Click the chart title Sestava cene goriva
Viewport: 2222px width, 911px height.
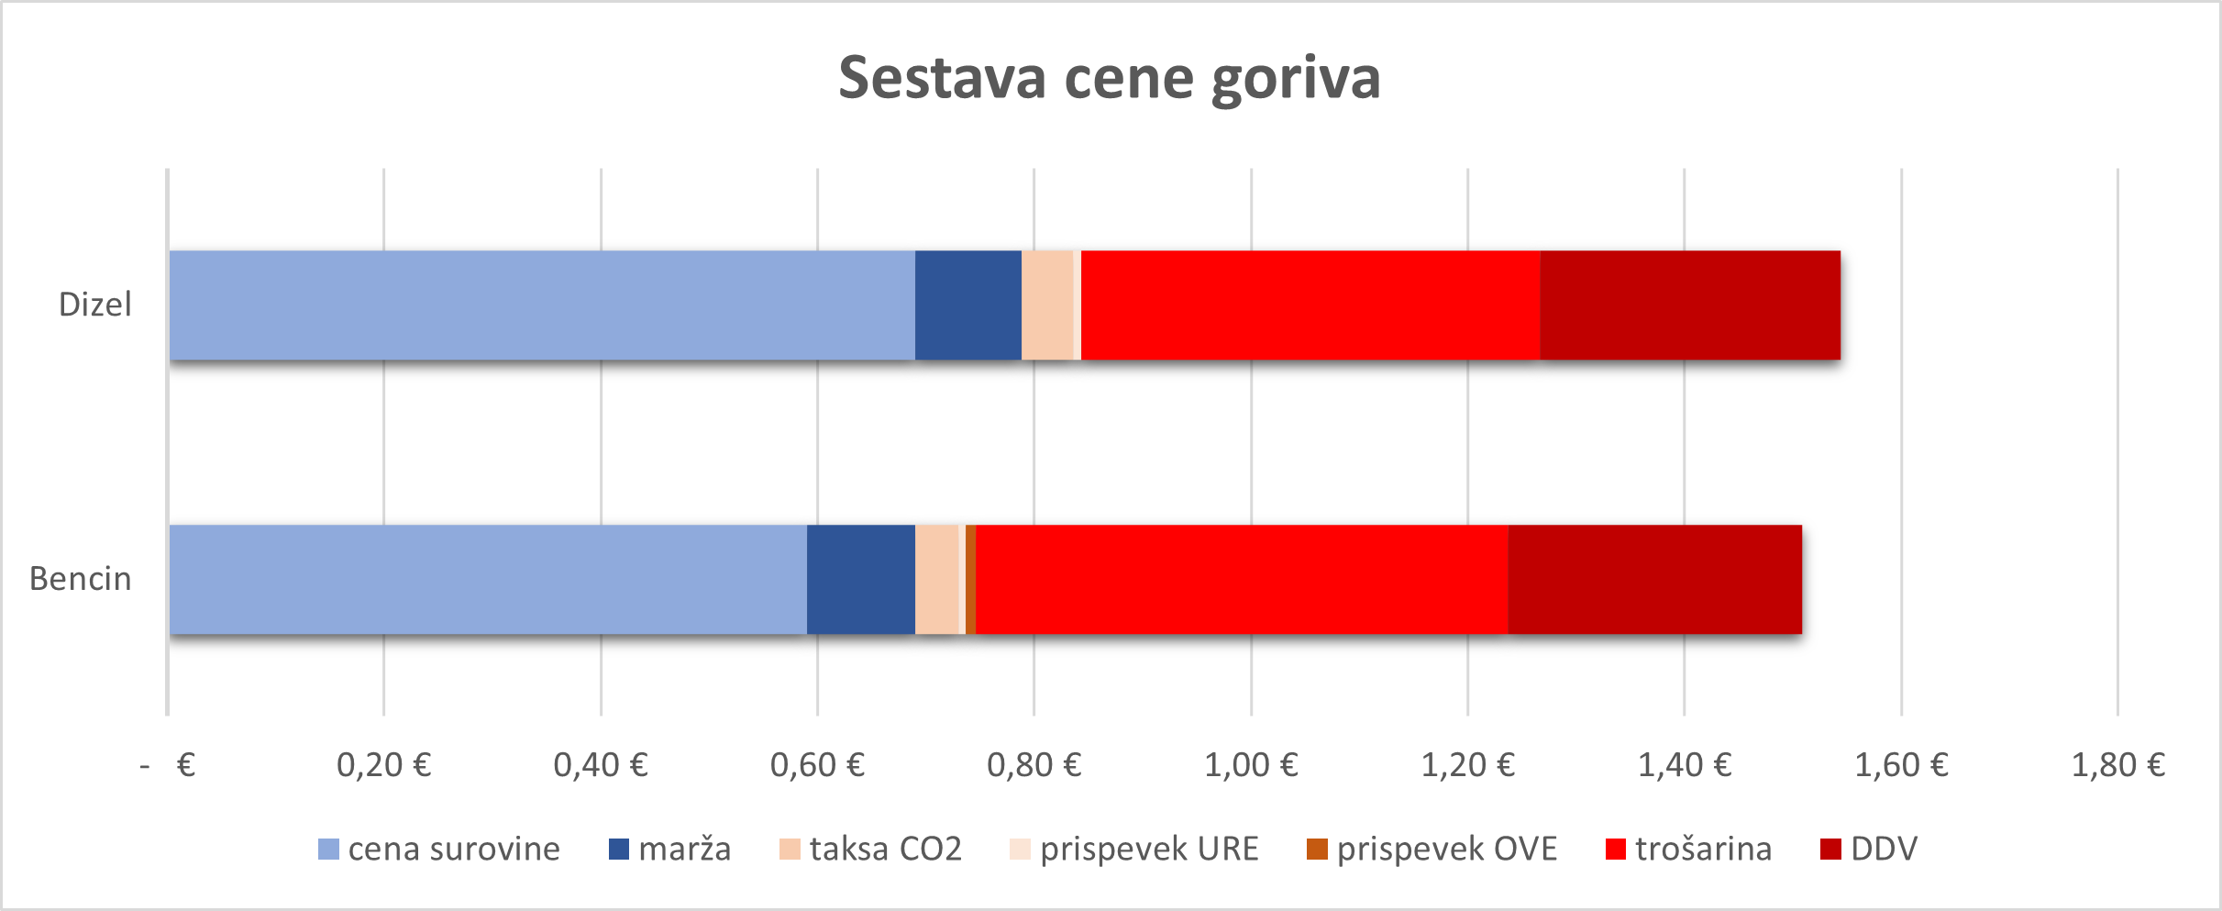click(x=1110, y=77)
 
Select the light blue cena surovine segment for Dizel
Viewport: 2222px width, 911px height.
click(x=541, y=305)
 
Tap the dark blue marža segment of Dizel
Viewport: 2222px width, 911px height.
click(x=967, y=305)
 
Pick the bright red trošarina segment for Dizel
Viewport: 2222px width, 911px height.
click(x=1310, y=305)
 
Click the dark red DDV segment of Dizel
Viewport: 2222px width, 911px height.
click(x=1689, y=305)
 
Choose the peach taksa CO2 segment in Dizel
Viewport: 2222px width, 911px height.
click(x=1046, y=305)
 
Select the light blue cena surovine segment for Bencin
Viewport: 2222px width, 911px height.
click(x=488, y=579)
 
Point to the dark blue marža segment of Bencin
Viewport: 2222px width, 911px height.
click(x=860, y=579)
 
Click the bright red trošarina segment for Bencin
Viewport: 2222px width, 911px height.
click(x=1242, y=579)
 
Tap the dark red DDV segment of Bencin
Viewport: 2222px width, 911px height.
click(x=1654, y=579)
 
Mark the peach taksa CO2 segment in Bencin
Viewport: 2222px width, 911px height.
click(x=936, y=579)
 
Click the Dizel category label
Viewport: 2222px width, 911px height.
click(x=95, y=305)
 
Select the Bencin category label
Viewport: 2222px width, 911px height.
click(x=81, y=579)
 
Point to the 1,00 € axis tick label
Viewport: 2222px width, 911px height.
click(x=1251, y=765)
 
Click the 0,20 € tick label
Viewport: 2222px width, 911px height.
click(x=383, y=765)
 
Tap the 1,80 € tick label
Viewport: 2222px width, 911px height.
click(x=2117, y=765)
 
